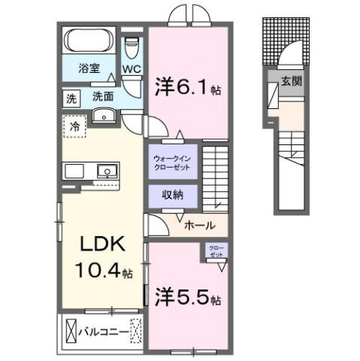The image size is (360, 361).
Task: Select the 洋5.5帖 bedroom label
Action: point(189,298)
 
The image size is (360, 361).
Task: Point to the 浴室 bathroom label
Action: point(89,68)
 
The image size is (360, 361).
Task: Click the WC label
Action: point(132,69)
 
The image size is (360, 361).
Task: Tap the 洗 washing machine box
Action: point(70,98)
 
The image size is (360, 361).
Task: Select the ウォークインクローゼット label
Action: point(173,162)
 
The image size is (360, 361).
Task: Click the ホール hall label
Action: point(199,226)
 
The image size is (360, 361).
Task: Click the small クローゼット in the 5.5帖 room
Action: point(216,250)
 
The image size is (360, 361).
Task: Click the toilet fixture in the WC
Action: point(132,47)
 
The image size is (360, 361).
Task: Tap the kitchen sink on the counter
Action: point(107,171)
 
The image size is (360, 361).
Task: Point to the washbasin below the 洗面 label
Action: point(104,115)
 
